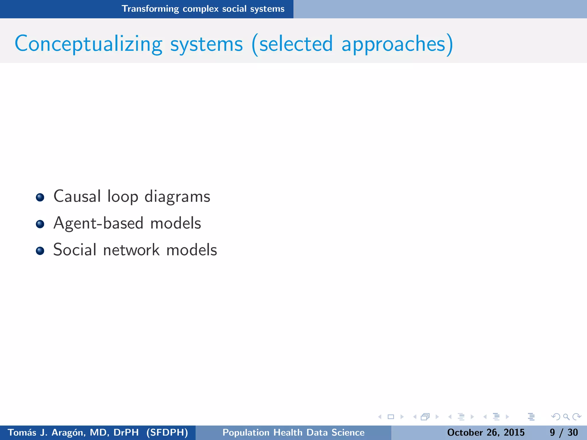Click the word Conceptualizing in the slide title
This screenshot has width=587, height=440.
point(89,44)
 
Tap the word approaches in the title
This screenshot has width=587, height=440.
point(393,44)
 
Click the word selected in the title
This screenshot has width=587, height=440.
point(296,44)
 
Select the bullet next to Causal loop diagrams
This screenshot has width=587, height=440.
point(40,197)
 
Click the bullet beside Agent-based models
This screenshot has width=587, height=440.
point(40,224)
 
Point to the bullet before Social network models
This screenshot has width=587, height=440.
point(40,251)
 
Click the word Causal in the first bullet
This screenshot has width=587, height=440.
point(77,197)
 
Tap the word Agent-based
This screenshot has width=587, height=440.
point(98,223)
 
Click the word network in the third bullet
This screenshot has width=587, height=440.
point(131,250)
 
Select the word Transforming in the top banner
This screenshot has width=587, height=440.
point(150,9)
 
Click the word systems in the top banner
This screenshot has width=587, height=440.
point(267,9)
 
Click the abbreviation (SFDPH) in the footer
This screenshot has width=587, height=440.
point(167,432)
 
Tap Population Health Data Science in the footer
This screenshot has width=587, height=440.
point(293,432)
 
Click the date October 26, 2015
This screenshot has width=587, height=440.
point(486,432)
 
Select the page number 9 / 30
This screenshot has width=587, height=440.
point(563,432)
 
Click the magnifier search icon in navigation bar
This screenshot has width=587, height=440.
point(566,417)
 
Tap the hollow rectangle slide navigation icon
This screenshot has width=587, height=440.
point(391,417)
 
